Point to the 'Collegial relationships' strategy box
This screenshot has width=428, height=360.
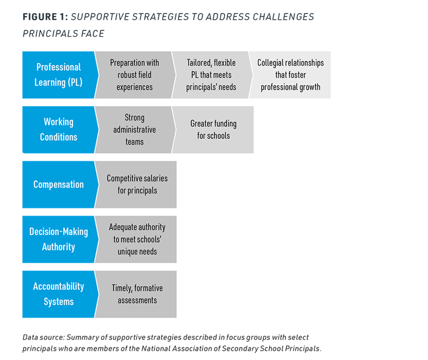pos(290,75)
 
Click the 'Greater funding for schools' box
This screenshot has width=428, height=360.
pos(213,130)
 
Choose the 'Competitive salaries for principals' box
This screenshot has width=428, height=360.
pos(136,184)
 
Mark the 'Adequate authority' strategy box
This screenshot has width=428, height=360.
pos(136,239)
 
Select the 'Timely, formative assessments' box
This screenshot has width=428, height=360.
pos(136,294)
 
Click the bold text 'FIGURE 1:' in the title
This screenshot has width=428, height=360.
pos(45,17)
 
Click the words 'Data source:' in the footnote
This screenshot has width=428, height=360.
pos(44,337)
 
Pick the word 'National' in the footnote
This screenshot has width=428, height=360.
pos(154,348)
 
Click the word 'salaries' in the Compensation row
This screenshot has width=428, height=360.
pos(156,178)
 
